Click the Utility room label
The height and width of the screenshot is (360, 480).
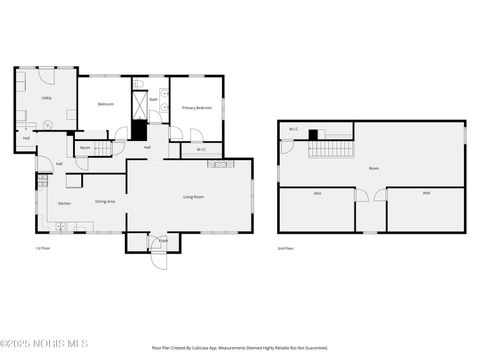46,98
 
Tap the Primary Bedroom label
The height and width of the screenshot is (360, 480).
196,107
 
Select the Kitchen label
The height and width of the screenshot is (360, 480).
64,203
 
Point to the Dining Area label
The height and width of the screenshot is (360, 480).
105,201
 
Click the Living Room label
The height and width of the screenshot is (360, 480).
194,197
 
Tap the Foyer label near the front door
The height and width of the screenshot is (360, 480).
163,240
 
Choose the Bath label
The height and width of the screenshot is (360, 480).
154,100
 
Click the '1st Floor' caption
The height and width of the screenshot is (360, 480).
42,247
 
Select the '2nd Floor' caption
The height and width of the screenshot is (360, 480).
287,247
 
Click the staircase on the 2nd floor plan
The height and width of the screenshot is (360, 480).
330,148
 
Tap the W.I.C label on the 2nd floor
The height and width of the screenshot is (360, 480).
294,129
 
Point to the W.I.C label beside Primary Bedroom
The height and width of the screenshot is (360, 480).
201,149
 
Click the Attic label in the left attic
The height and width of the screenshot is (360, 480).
317,193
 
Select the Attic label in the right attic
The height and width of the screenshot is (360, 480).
426,193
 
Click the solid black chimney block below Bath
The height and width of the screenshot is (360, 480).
139,130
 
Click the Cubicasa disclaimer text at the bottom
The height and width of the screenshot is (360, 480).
239,348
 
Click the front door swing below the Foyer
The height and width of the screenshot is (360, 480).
159,258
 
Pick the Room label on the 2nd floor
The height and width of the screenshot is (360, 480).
373,168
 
